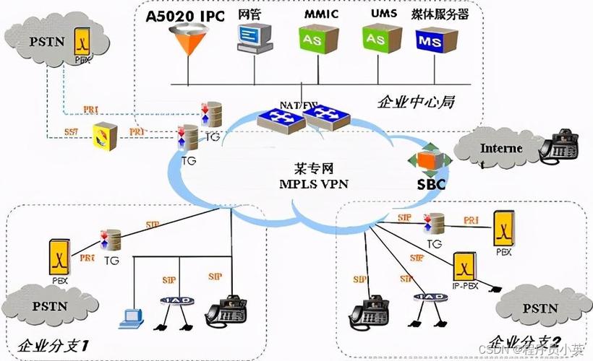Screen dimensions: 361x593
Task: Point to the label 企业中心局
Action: click(x=415, y=102)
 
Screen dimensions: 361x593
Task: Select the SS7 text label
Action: click(x=71, y=131)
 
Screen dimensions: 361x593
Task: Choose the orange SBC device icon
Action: click(x=424, y=160)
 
